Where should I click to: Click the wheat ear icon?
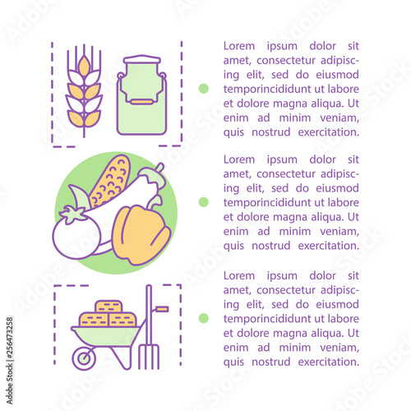(x=84, y=90)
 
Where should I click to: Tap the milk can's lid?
(x=142, y=59)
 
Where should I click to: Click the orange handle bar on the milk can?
(x=141, y=102)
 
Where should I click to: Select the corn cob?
(x=109, y=182)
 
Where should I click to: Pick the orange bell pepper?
(x=141, y=235)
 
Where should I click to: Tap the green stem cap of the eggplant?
(x=151, y=175)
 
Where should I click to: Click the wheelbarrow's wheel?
(x=84, y=358)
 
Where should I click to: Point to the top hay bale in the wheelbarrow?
(x=109, y=307)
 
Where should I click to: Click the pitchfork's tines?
(x=149, y=357)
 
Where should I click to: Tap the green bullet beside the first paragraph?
(x=204, y=89)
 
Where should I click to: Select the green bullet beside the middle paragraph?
(x=204, y=202)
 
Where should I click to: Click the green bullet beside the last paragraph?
(x=204, y=318)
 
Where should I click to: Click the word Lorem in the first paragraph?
(x=239, y=46)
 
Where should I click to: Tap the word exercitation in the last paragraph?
(x=329, y=362)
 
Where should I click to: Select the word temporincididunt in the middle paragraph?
(x=267, y=203)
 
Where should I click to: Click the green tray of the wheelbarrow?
(x=108, y=337)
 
